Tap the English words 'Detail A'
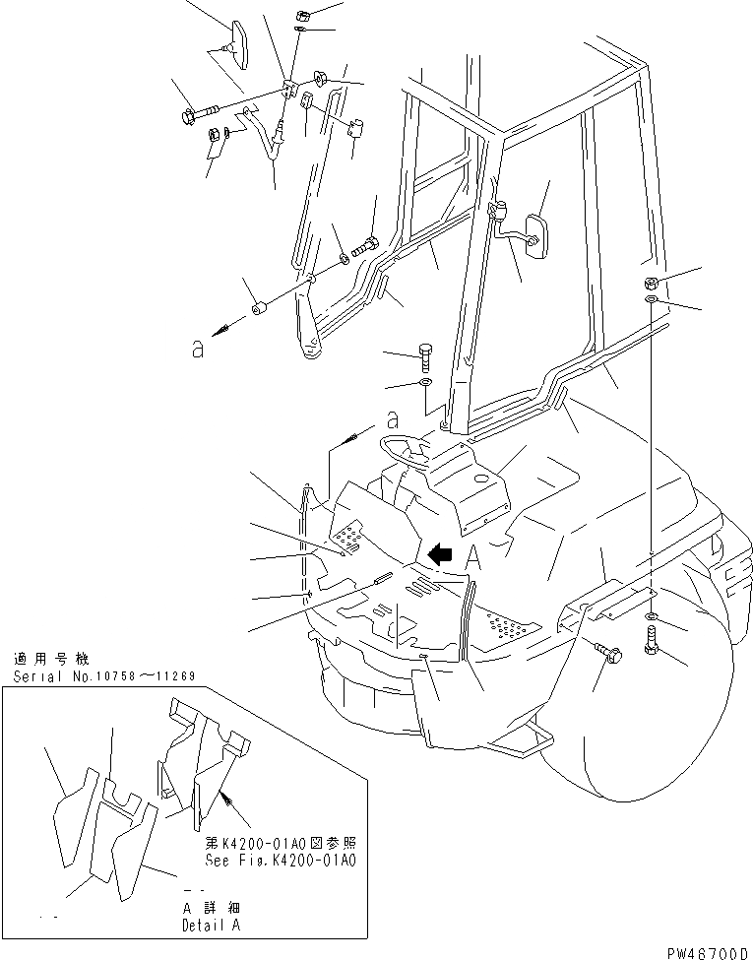(212, 926)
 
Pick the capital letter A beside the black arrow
(473, 556)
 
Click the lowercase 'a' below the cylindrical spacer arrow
(198, 351)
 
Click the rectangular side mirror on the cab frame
(536, 236)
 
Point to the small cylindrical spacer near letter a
(261, 308)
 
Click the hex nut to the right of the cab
(653, 284)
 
